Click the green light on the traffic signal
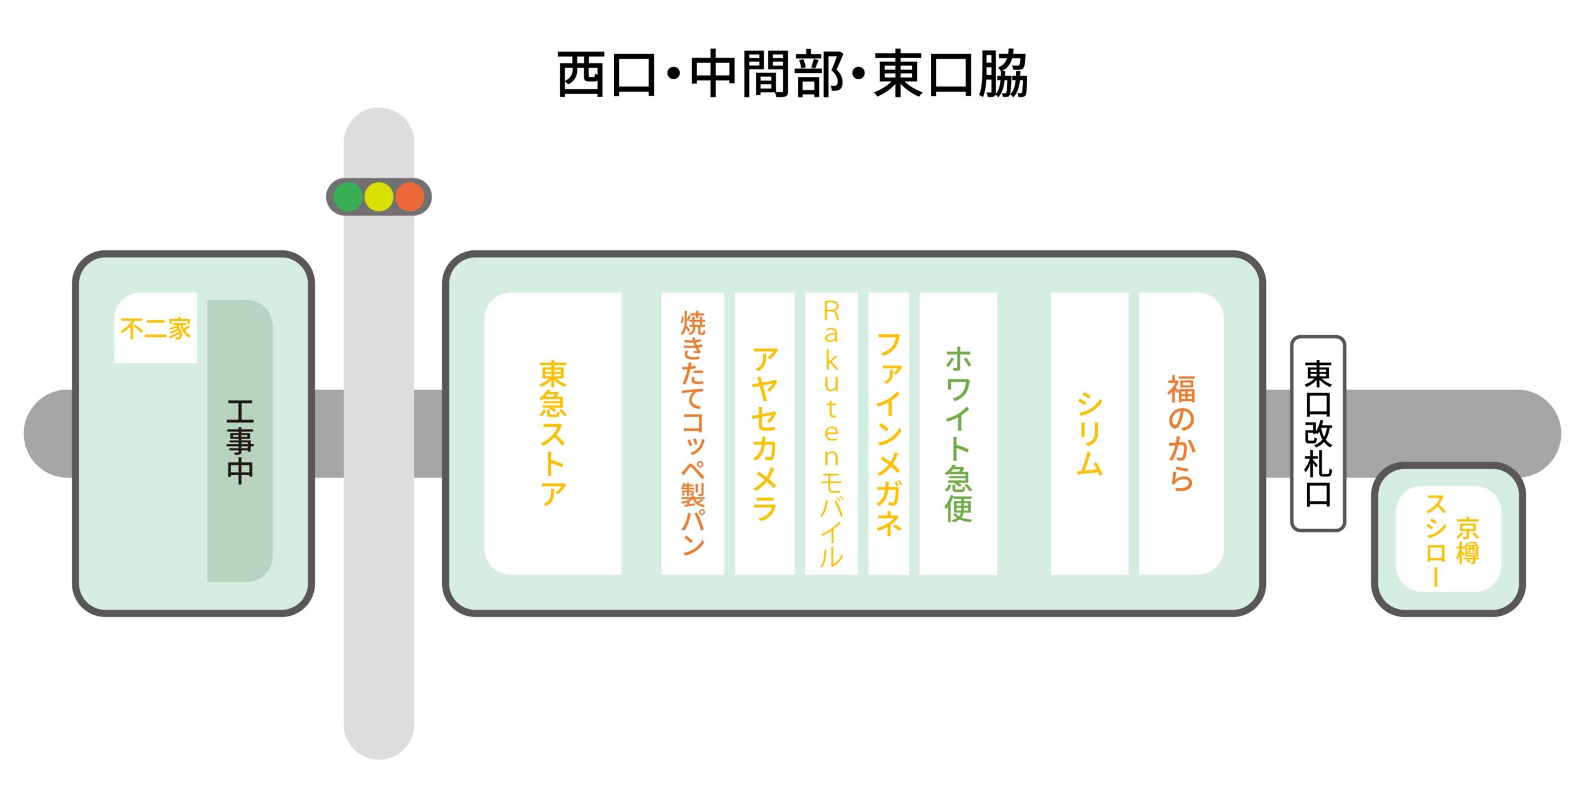coord(348,197)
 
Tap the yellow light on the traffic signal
coord(379,197)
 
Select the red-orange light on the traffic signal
coord(410,197)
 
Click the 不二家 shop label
coord(156,328)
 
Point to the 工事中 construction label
coord(240,441)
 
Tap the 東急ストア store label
coord(553,433)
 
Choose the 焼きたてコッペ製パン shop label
coord(693,433)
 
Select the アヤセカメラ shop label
coord(765,433)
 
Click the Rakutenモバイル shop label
coord(832,434)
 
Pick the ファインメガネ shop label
coord(889,433)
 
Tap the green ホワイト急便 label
coord(958,434)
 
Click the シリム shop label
coord(1090,434)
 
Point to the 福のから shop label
coord(1181,433)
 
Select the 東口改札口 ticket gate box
coord(1318,434)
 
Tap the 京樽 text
coord(1467,541)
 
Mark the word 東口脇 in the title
coord(951,74)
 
